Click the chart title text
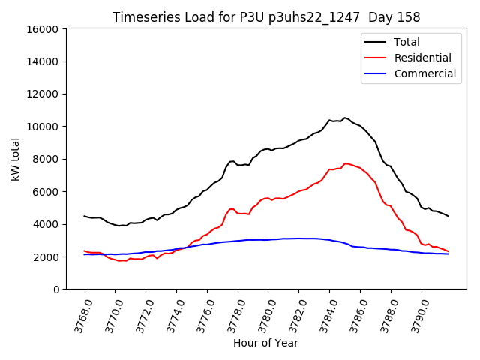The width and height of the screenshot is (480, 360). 266,16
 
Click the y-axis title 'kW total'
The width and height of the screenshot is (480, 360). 16,159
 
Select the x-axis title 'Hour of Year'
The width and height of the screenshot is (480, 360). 265,343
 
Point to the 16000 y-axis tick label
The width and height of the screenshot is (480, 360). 43,29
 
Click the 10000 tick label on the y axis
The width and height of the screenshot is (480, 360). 43,127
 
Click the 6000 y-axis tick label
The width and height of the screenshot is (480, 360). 46,192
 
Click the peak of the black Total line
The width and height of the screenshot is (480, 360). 345,118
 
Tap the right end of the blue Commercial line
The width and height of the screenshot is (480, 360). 448,253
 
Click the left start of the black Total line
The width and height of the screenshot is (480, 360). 84,216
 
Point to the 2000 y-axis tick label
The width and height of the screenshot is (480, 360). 46,256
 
